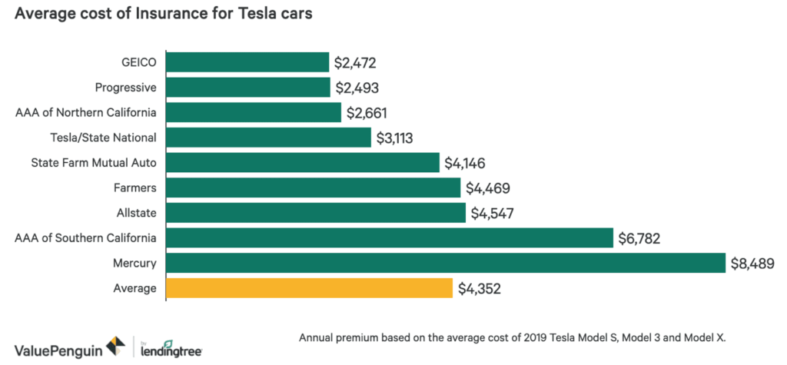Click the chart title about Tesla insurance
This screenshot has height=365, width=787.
[162, 17]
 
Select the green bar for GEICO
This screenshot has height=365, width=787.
[247, 62]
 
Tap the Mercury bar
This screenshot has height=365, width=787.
[445, 263]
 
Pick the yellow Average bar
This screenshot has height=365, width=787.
[308, 288]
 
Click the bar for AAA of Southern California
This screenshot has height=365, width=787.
[389, 238]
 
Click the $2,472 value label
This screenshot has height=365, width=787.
[355, 62]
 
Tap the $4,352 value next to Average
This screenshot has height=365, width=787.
[479, 289]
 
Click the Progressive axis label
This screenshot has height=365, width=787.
[126, 88]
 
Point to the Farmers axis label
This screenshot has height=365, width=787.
[137, 187]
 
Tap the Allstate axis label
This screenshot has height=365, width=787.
[137, 213]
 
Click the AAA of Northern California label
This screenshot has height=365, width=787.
[86, 113]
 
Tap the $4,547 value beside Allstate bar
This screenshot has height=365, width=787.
[493, 214]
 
